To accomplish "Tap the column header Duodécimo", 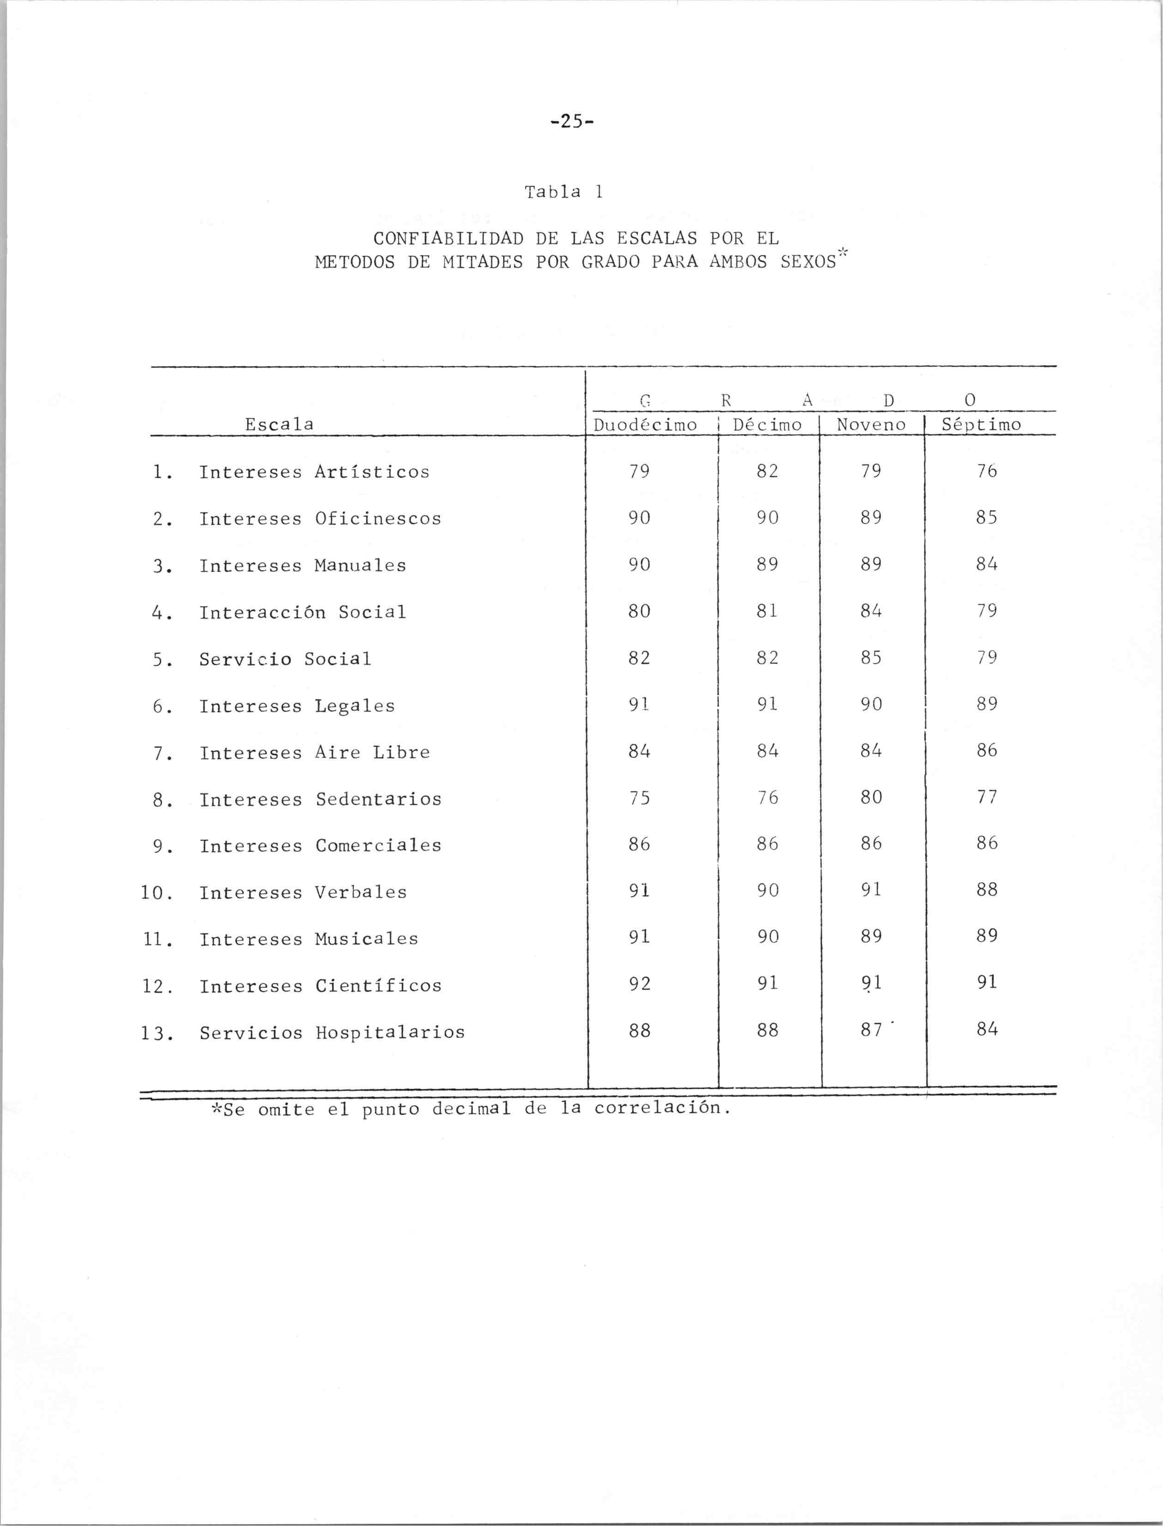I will click(645, 424).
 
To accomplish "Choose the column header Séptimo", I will click(981, 424).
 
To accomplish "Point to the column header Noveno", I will click(871, 424).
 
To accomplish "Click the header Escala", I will click(279, 423).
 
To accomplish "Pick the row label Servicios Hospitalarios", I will click(332, 1032).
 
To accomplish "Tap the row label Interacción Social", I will click(303, 612).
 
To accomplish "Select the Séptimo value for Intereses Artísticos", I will click(987, 471).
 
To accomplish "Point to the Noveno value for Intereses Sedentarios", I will click(871, 797).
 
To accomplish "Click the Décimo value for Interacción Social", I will click(767, 611).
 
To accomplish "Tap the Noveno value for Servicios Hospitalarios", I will click(871, 1031).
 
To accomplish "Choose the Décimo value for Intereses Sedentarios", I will click(767, 797).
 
